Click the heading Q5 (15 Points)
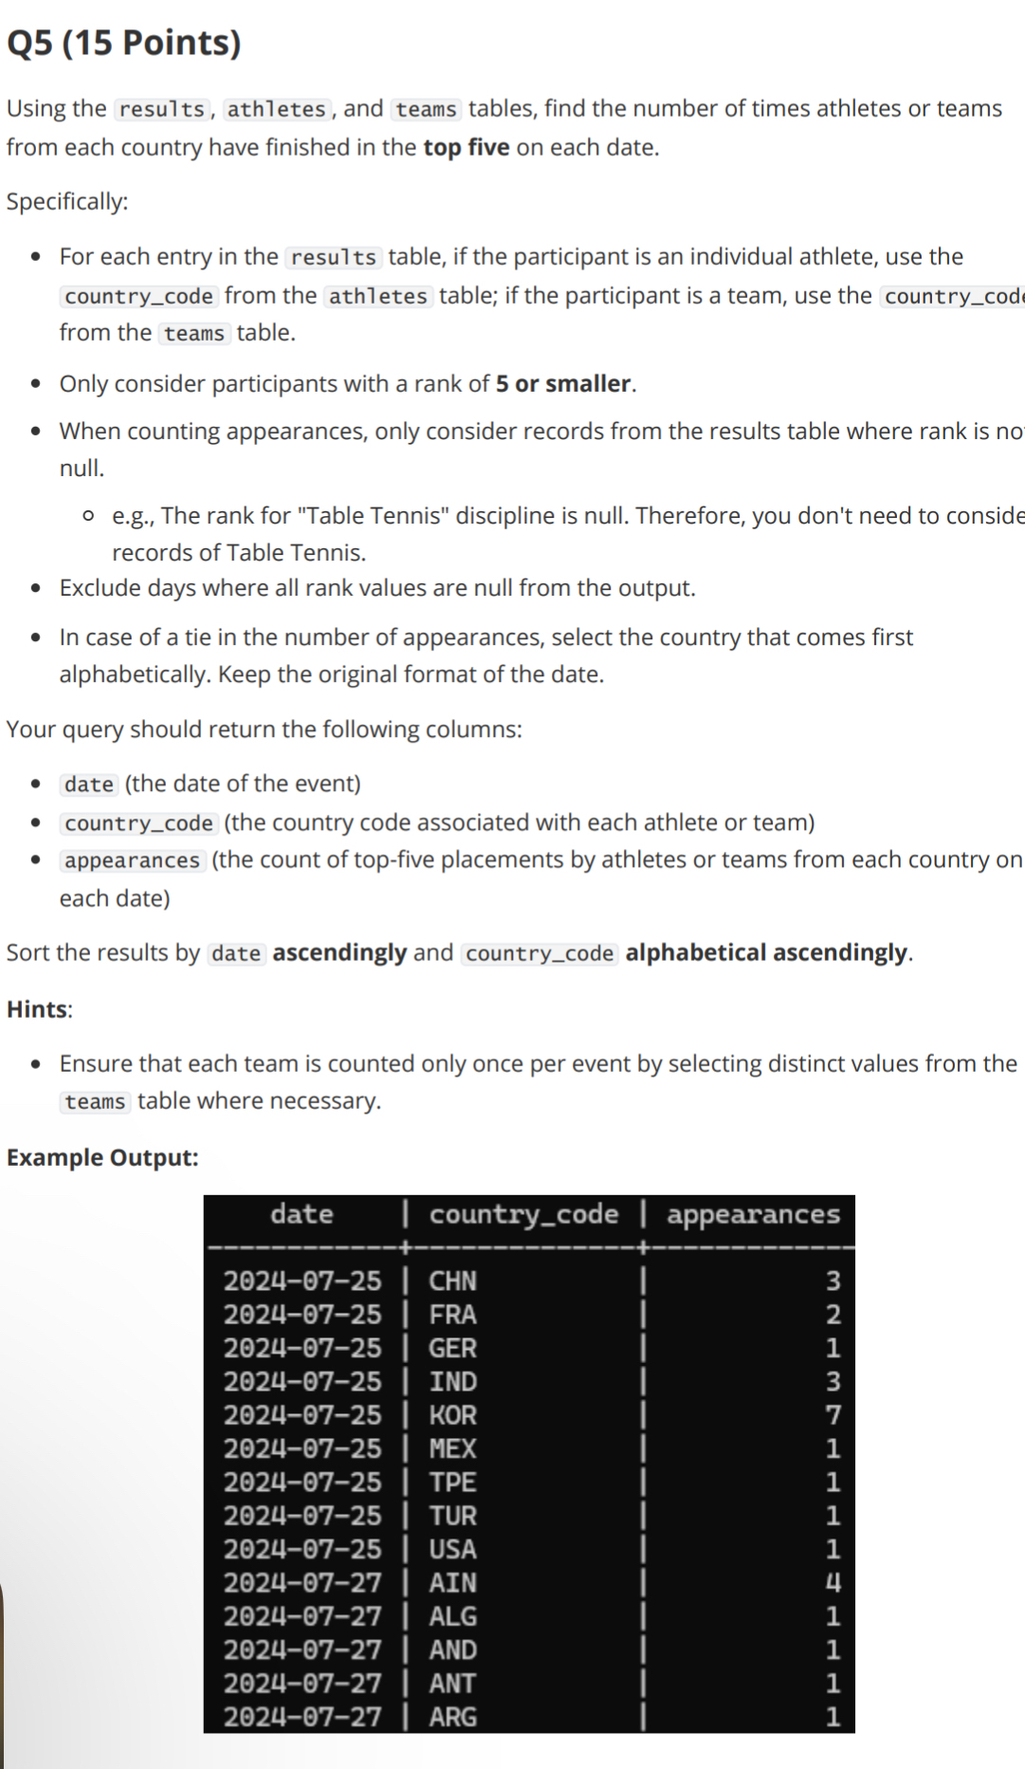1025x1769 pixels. [x=124, y=43]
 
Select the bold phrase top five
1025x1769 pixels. [x=466, y=148]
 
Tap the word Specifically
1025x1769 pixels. [x=65, y=202]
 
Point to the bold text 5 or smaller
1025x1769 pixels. [x=563, y=384]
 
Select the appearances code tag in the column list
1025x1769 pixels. [x=133, y=860]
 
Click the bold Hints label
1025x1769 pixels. [x=38, y=1009]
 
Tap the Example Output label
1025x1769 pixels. [x=102, y=1158]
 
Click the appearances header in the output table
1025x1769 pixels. [x=753, y=1215]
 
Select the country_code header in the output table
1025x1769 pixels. [x=523, y=1215]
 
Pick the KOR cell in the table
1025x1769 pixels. [x=452, y=1415]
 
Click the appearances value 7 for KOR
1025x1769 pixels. [x=833, y=1415]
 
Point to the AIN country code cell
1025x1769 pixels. [x=452, y=1583]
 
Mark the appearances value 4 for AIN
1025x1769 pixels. [x=833, y=1583]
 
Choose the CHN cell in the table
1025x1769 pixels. [x=452, y=1281]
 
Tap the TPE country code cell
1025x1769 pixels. [x=452, y=1483]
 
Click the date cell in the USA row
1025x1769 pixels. [x=302, y=1550]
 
